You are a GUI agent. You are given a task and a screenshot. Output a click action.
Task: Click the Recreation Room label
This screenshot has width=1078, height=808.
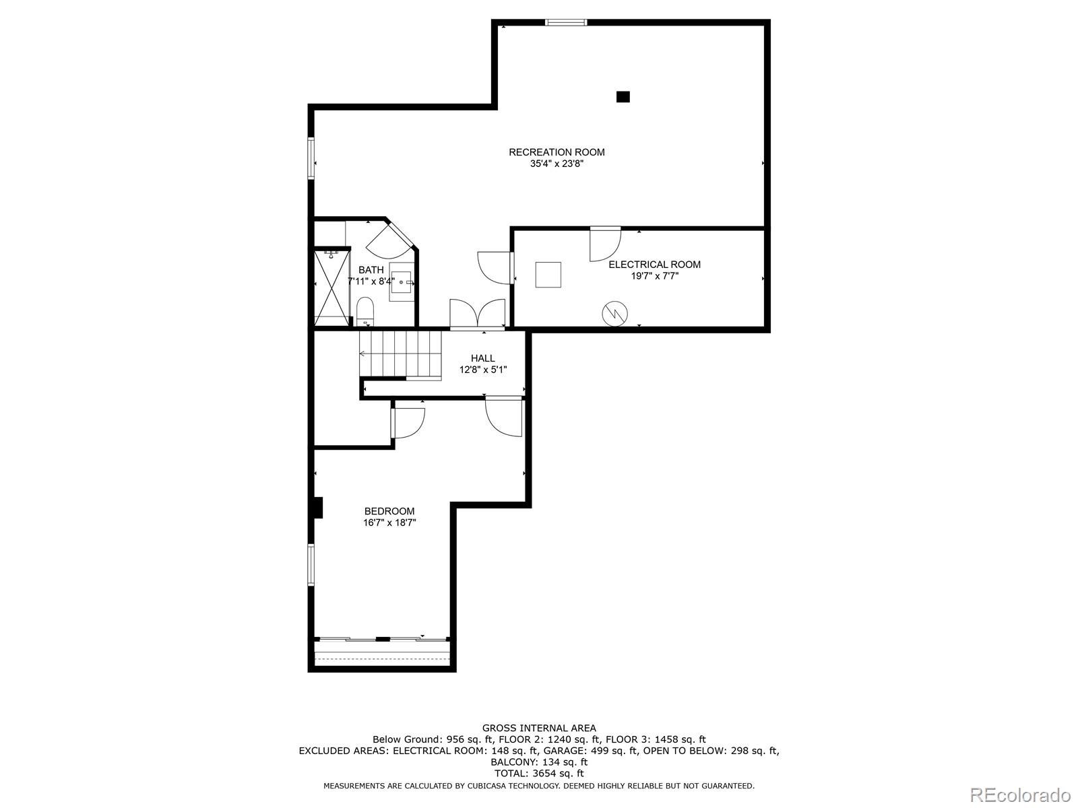pos(557,152)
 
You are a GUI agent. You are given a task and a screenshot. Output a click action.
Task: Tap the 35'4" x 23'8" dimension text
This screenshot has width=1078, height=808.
pos(557,164)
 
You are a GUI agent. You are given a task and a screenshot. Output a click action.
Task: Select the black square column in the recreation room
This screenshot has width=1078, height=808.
pos(623,97)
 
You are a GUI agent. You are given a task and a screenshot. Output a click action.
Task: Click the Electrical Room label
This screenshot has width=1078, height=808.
pos(654,265)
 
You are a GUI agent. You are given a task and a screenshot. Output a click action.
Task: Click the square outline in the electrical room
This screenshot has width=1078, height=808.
pos(548,275)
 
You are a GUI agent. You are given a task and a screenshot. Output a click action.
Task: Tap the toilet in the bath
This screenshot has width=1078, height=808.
pos(365,310)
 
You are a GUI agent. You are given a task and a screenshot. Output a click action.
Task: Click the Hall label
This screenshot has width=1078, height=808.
pos(482,358)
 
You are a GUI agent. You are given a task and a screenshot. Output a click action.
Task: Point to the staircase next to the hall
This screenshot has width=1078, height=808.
pos(400,353)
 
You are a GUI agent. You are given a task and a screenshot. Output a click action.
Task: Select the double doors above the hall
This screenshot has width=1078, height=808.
pos(477,314)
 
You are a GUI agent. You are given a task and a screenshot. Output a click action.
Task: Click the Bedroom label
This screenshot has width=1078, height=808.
pos(389,511)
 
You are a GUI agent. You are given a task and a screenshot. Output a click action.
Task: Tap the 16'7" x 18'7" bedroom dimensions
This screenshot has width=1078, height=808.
pos(389,523)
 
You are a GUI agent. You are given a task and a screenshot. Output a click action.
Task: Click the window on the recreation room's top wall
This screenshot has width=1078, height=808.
pos(566,23)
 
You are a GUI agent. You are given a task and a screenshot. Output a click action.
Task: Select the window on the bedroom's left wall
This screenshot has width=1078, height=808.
pos(311,564)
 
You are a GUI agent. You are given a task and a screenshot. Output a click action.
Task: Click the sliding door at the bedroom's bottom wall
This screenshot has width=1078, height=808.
pos(382,639)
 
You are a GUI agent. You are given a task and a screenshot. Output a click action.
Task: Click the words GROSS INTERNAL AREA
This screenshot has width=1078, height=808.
pos(539,728)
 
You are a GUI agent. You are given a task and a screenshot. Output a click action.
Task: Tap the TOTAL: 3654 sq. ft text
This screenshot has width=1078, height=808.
pos(539,774)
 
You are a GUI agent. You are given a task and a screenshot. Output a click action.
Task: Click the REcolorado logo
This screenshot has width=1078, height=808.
pos(1019,795)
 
